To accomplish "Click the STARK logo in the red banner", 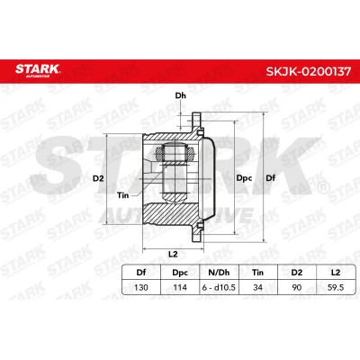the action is (x=38, y=70).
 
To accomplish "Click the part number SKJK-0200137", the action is (x=309, y=71).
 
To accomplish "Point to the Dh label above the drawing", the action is (x=181, y=95).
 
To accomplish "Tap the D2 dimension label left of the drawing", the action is (x=98, y=178).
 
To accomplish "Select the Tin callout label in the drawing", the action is (x=123, y=195).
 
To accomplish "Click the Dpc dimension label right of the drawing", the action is (x=244, y=178).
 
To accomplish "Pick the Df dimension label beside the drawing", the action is (x=271, y=178).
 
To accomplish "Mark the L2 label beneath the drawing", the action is (x=173, y=255).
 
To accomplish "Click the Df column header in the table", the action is (x=141, y=273).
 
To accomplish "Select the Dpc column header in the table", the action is (x=180, y=273).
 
